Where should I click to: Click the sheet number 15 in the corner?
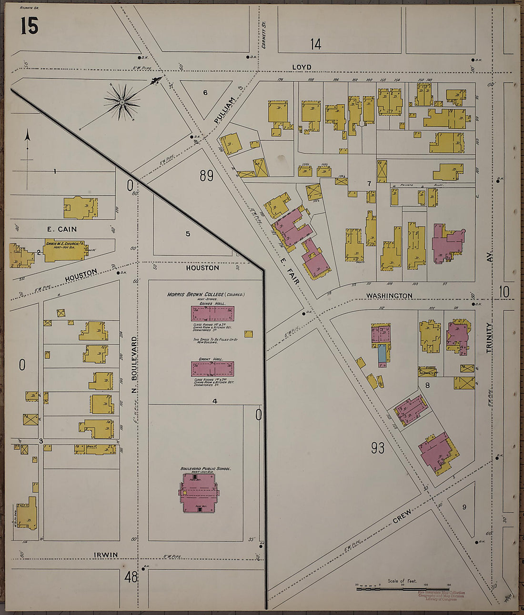[29, 26]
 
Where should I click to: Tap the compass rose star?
[122, 102]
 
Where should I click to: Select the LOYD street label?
[302, 67]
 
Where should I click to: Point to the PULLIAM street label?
[225, 110]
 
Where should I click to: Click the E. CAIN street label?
[61, 229]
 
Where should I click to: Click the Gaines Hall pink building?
[212, 313]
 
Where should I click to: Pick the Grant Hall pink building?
[212, 369]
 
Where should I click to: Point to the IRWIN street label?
[106, 555]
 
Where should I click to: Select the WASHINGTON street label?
[389, 296]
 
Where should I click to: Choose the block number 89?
[206, 176]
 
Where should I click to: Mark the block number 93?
[377, 448]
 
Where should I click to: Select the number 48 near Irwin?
[131, 577]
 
